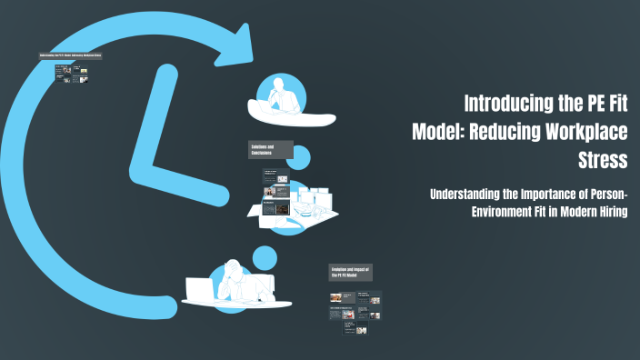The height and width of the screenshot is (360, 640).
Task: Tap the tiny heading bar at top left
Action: (70, 56)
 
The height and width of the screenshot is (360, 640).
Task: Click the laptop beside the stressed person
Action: (199, 290)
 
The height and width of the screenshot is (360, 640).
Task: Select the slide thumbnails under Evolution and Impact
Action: (355, 314)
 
